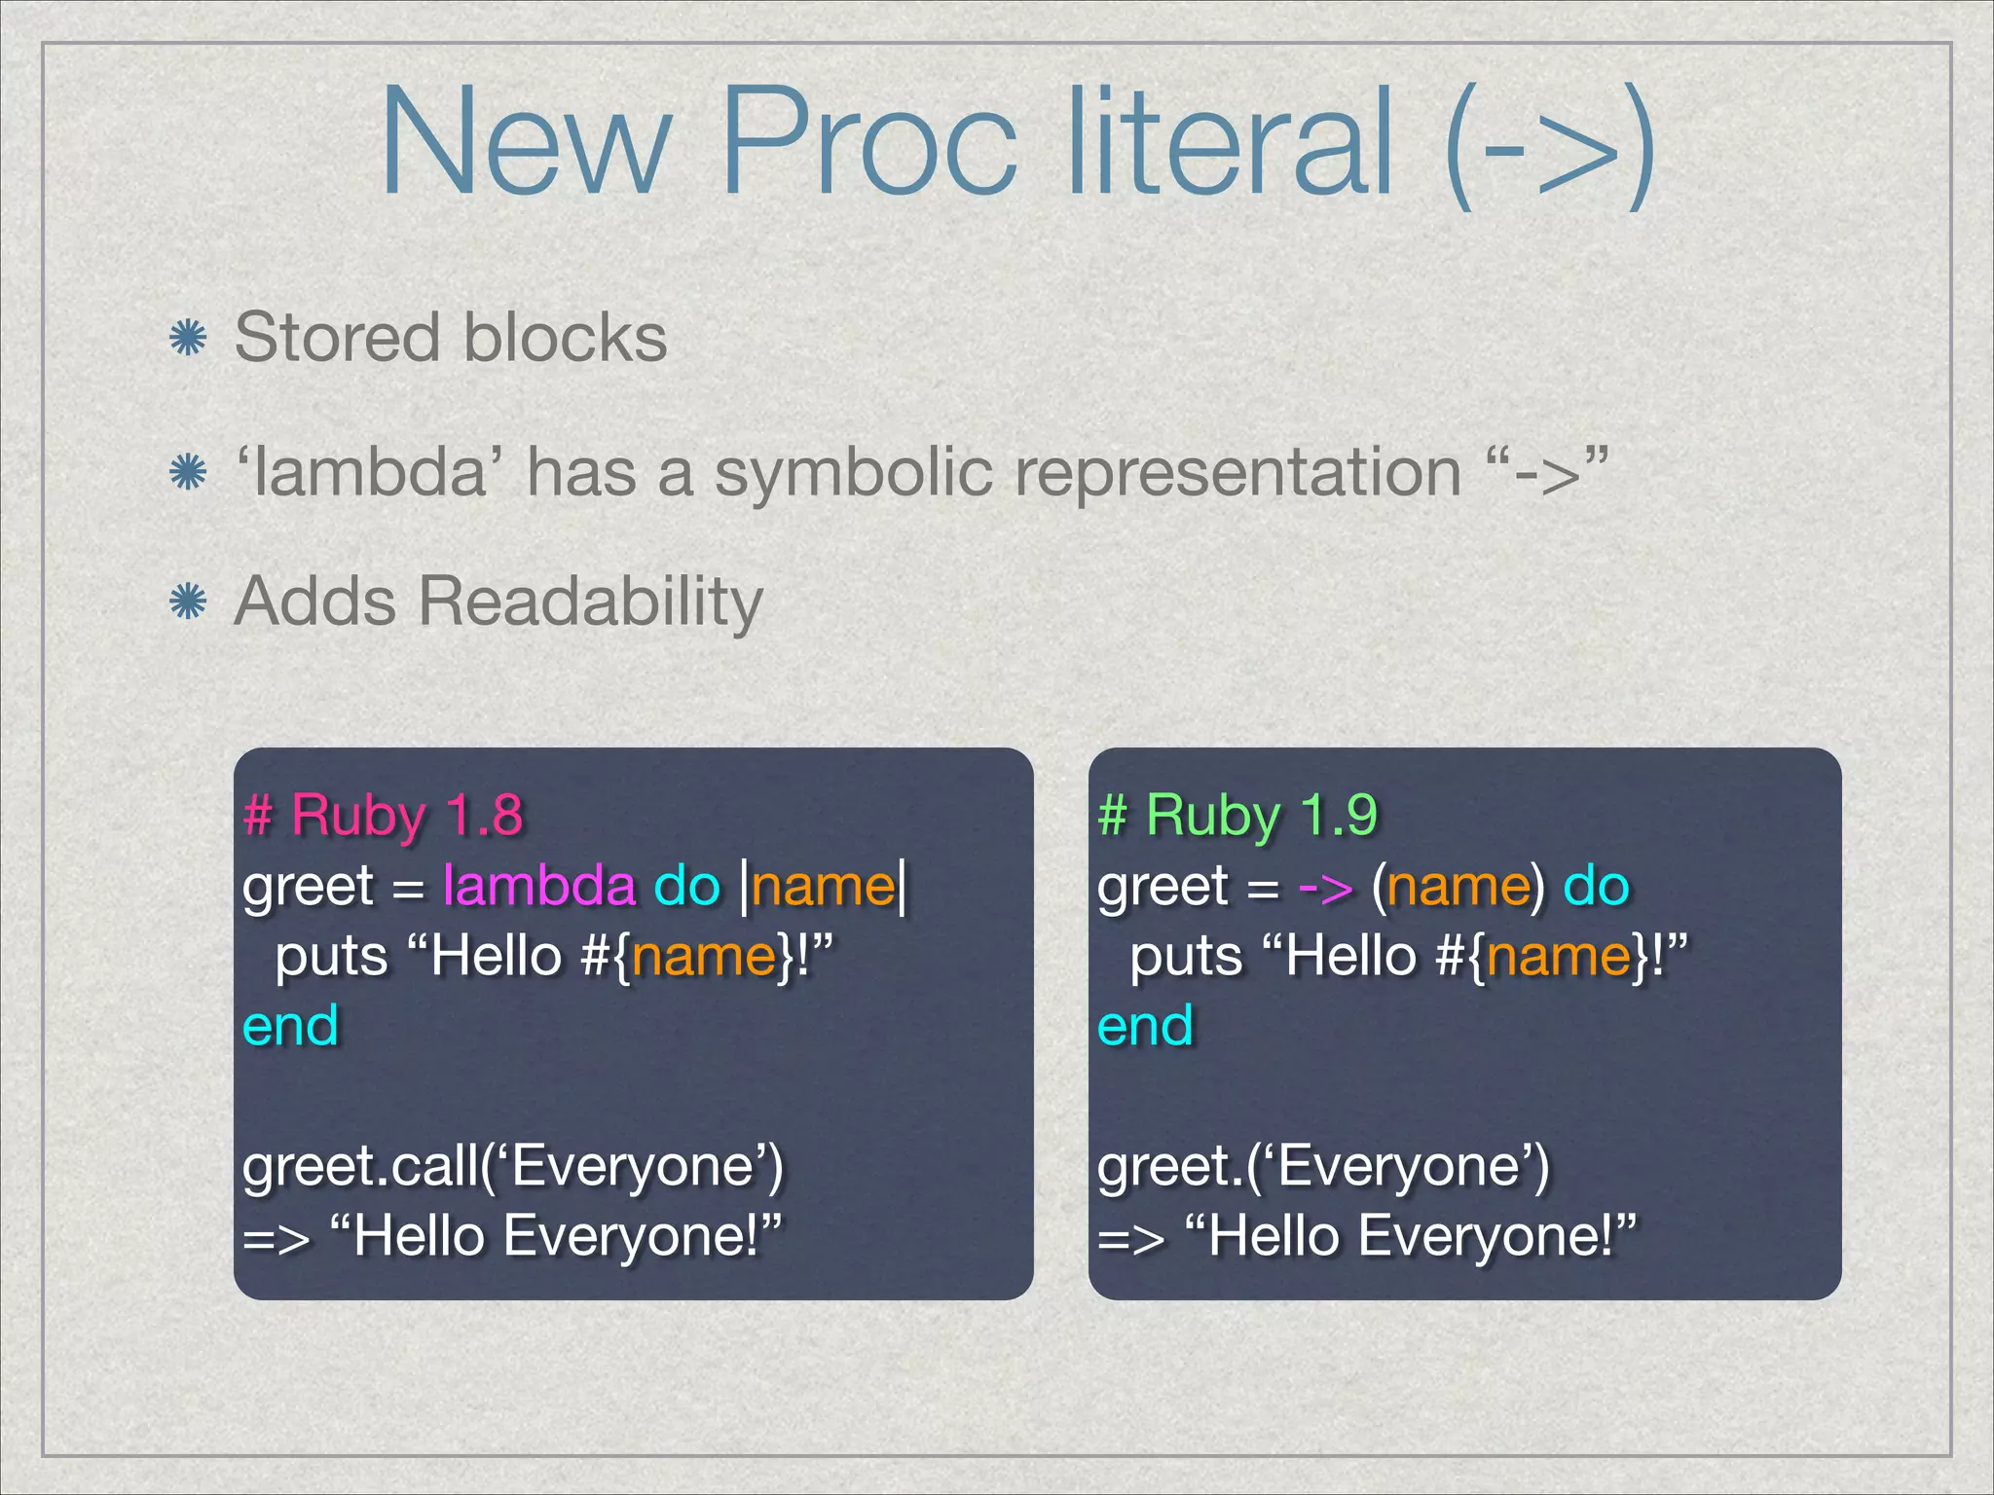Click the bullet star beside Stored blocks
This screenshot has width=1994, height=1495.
(x=187, y=340)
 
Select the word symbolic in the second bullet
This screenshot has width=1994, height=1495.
(x=852, y=473)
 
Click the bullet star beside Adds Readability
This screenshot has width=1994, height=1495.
(x=187, y=602)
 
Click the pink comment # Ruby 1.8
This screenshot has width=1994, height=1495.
(x=383, y=816)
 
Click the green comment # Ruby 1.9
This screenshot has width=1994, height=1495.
(x=1237, y=816)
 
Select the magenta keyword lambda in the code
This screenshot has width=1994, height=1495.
(x=538, y=886)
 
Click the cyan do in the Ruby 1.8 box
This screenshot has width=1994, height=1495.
(x=686, y=886)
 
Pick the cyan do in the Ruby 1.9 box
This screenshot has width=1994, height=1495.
(x=1596, y=886)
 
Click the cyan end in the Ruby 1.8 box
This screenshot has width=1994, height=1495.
(x=290, y=1026)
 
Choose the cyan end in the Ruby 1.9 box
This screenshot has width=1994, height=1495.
(x=1144, y=1026)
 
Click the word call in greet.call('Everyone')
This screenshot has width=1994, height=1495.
(x=434, y=1165)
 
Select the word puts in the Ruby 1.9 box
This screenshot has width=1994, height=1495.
(x=1186, y=956)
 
